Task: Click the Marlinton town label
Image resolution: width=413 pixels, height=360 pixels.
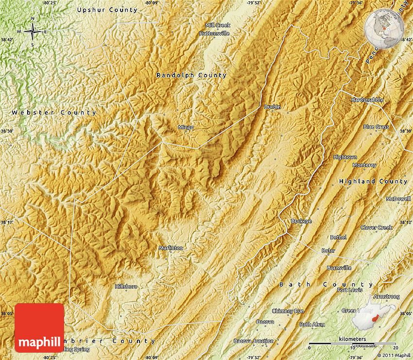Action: pyautogui.click(x=171, y=248)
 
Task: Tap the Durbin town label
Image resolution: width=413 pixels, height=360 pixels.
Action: pyautogui.click(x=273, y=107)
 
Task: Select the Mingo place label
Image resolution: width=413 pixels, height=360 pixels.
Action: pyautogui.click(x=186, y=127)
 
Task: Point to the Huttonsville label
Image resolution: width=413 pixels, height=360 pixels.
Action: pyautogui.click(x=214, y=34)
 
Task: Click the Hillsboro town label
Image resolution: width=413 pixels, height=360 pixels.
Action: pyautogui.click(x=126, y=287)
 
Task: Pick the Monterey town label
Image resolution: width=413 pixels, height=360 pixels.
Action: pyautogui.click(x=364, y=165)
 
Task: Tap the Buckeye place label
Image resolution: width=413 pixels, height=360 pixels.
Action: pyautogui.click(x=301, y=221)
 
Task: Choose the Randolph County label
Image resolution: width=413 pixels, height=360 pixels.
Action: pyautogui.click(x=191, y=75)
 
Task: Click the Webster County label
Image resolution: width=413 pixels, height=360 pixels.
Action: pyautogui.click(x=54, y=113)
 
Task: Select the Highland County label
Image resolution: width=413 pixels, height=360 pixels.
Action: pyautogui.click(x=373, y=181)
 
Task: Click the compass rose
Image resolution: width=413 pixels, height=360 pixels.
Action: pyautogui.click(x=33, y=32)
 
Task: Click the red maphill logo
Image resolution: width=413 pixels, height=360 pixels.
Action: pyautogui.click(x=39, y=328)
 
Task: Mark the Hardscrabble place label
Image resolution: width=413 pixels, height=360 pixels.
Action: pyautogui.click(x=367, y=100)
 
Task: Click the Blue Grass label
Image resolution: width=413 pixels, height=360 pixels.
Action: pyautogui.click(x=376, y=127)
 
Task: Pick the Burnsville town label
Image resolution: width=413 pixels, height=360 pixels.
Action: pyautogui.click(x=339, y=268)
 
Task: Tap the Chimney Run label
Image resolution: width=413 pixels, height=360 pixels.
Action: pyautogui.click(x=288, y=311)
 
